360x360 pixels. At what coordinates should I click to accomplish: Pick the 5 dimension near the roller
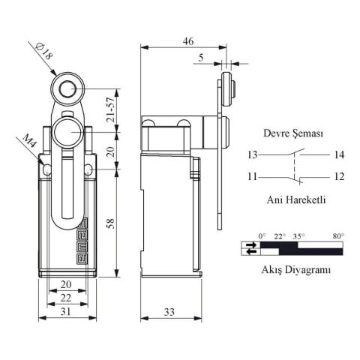point(200,57)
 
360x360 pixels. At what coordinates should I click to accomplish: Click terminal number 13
point(252,155)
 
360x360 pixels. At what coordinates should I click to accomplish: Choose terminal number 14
point(339,155)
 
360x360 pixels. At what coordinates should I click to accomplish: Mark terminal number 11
point(252,177)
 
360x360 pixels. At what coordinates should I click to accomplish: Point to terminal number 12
point(339,177)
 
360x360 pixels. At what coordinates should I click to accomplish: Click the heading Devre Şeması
point(293,133)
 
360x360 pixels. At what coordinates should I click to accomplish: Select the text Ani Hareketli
point(294,200)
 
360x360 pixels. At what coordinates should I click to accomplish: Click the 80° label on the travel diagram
point(338,235)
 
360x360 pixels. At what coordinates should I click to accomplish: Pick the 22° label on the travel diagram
point(280,235)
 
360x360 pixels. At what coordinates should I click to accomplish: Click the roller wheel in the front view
point(67,90)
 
